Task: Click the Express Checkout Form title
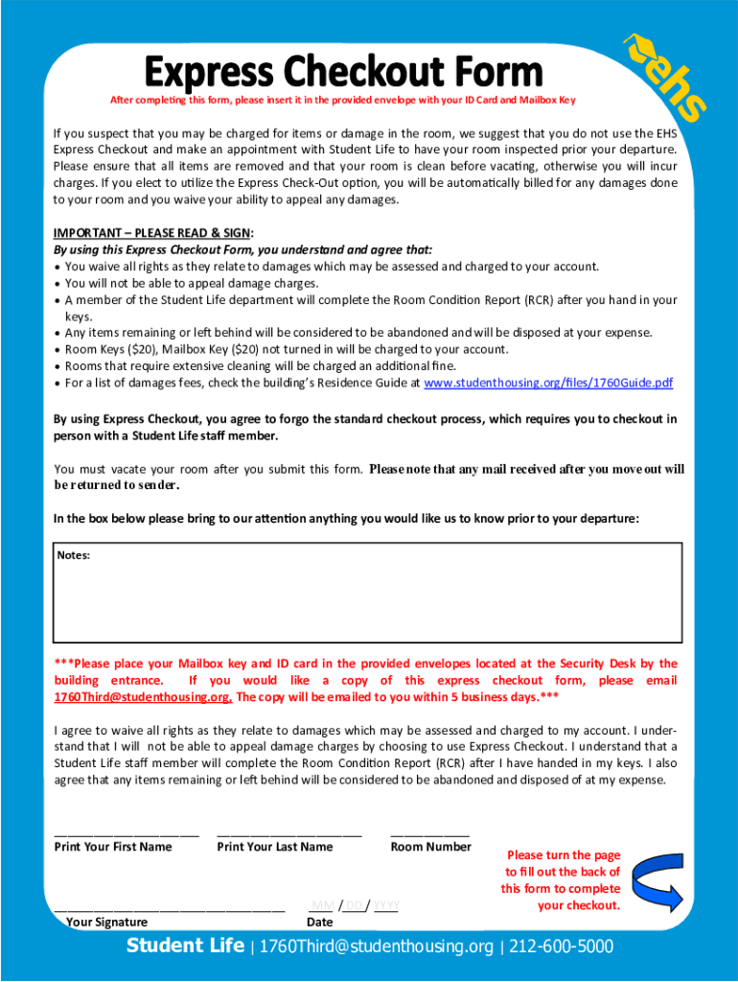point(343,72)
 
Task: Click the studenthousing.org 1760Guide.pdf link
point(547,383)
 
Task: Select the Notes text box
point(368,599)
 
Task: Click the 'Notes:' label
point(74,555)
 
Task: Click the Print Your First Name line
point(127,833)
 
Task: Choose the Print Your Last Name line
point(289,833)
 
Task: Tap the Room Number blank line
point(430,833)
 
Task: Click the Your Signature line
point(170,906)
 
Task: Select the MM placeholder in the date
point(322,905)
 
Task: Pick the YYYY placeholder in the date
point(385,905)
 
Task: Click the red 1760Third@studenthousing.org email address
point(143,697)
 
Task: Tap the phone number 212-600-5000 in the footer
point(561,947)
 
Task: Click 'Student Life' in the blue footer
point(185,947)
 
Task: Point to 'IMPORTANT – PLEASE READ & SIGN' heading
point(151,232)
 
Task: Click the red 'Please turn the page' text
point(564,855)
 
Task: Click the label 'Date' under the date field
point(320,923)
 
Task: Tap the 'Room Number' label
point(431,847)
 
